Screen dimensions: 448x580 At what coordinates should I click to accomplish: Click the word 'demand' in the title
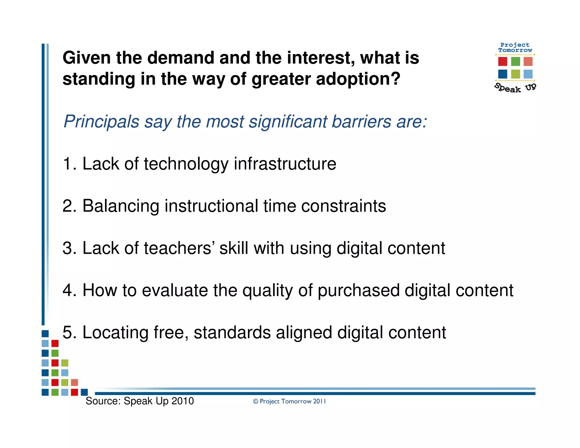[180, 58]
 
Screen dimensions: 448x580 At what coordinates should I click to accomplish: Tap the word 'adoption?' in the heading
[358, 79]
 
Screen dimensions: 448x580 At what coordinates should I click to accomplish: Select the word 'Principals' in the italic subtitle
[101, 122]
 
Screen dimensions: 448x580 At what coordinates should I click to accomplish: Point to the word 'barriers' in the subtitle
[361, 122]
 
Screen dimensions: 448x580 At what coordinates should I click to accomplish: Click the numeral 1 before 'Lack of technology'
[67, 164]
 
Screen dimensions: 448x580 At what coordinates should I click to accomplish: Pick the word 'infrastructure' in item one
[285, 164]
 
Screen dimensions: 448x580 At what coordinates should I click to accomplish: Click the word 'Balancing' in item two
[121, 206]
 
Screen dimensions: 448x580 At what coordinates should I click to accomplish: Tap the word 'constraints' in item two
[344, 206]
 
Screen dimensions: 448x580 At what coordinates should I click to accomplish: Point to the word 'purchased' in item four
[358, 291]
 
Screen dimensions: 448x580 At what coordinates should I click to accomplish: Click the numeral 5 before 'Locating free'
[68, 332]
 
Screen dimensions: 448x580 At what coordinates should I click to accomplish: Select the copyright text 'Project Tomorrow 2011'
[293, 401]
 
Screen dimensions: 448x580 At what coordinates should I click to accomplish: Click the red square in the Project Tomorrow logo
[503, 61]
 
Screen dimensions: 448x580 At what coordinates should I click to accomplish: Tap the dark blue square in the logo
[503, 74]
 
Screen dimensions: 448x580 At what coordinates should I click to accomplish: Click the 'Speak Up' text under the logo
[515, 88]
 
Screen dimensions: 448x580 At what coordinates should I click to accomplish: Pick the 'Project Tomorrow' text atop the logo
[515, 48]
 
